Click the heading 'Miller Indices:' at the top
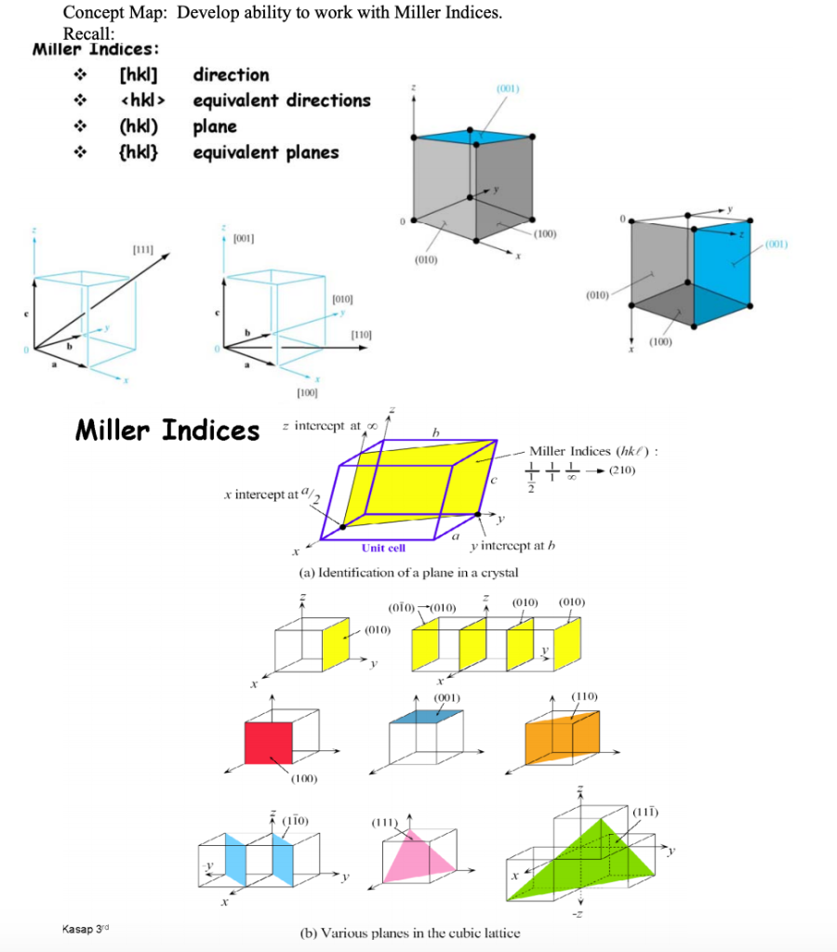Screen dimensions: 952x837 (x=95, y=49)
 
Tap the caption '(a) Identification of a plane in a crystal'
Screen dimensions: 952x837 (x=408, y=572)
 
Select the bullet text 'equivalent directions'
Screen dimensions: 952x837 (x=281, y=100)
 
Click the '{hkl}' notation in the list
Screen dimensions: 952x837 (x=138, y=152)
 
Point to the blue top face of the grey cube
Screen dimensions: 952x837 (x=475, y=137)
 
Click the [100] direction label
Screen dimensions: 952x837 (x=307, y=395)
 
